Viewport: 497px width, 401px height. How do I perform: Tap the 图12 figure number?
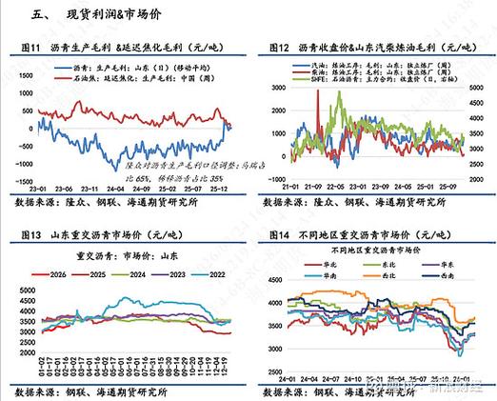pyautogui.click(x=281, y=46)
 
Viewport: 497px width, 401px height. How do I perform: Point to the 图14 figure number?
pyautogui.click(x=281, y=233)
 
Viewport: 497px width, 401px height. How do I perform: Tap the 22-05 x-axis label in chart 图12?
pyautogui.click(x=336, y=186)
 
